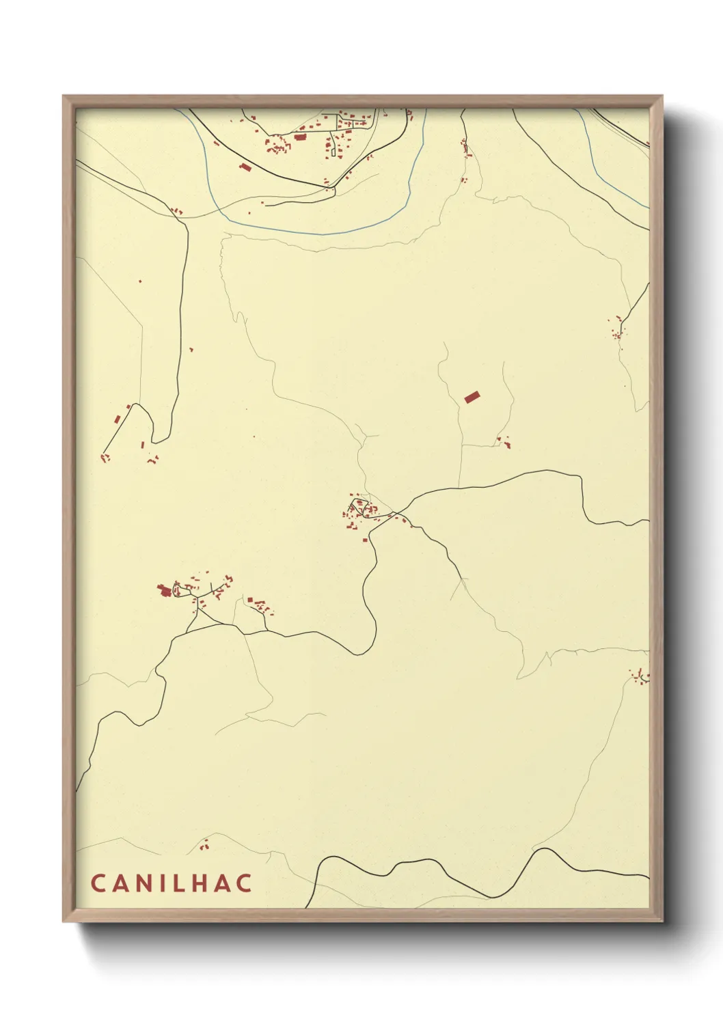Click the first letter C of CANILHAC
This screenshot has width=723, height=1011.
(x=97, y=883)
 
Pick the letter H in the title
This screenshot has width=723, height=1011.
(x=201, y=883)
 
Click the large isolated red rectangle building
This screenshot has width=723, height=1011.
(x=472, y=397)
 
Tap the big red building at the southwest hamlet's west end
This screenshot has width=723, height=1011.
(x=164, y=590)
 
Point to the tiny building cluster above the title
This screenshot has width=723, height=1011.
(x=204, y=846)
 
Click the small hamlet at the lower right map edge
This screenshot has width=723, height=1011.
(x=640, y=676)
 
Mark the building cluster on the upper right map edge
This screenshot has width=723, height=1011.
(x=618, y=329)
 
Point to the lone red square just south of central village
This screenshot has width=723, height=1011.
(x=365, y=540)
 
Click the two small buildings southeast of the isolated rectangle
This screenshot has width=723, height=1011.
(x=504, y=442)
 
